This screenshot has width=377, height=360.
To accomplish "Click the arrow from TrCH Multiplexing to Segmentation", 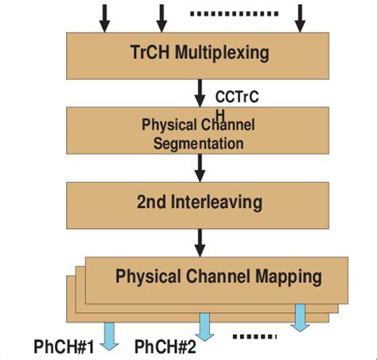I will click(x=200, y=91).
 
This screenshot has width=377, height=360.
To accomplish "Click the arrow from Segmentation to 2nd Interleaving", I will click(x=200, y=167).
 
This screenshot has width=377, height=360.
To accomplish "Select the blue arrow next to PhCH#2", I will click(x=205, y=326).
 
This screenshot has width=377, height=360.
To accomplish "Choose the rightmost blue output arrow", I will click(x=300, y=316).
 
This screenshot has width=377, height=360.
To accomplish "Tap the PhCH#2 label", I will click(x=165, y=346).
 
